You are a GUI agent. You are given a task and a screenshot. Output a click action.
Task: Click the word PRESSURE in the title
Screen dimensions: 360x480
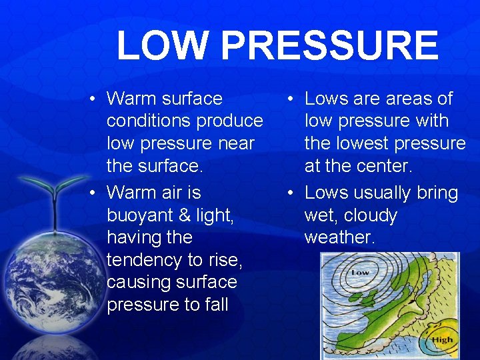tap(329, 45)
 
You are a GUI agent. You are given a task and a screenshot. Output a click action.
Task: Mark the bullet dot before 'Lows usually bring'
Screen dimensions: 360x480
tap(291, 193)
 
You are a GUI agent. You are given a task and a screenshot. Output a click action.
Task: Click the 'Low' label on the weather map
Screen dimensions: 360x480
tap(359, 272)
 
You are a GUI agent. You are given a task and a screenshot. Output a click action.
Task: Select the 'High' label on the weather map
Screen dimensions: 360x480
tap(441, 339)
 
